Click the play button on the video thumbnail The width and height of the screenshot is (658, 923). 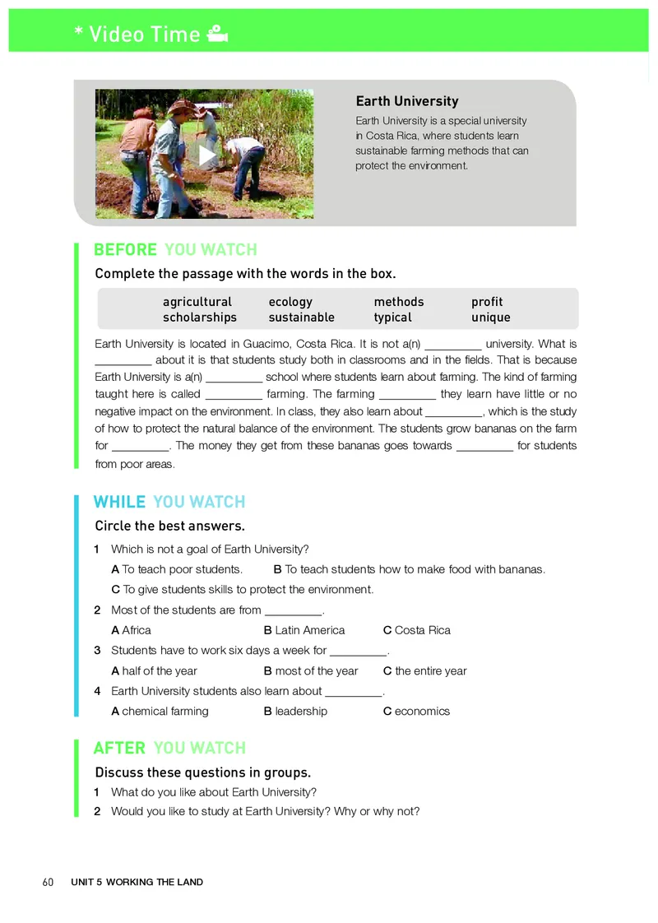pyautogui.click(x=207, y=155)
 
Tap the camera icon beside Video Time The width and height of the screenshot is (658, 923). pyautogui.click(x=217, y=35)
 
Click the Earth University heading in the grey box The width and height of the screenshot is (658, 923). pyautogui.click(x=406, y=101)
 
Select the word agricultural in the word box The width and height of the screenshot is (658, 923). pyautogui.click(x=197, y=302)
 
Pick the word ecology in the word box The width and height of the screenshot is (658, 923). pyautogui.click(x=290, y=302)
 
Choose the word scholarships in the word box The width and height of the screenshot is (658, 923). pyautogui.click(x=200, y=318)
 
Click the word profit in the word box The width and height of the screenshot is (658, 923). pyautogui.click(x=487, y=302)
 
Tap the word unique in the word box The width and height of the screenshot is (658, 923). pyautogui.click(x=491, y=318)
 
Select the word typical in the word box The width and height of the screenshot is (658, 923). pyautogui.click(x=392, y=318)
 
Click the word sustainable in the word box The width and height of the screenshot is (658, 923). pyautogui.click(x=301, y=318)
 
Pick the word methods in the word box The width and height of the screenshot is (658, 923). pyautogui.click(x=399, y=302)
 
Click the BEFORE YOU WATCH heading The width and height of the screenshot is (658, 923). pyautogui.click(x=175, y=250)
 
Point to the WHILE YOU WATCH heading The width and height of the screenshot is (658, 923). pyautogui.click(x=169, y=502)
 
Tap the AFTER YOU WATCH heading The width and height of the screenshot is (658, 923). pyautogui.click(x=169, y=748)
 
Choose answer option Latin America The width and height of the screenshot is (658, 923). pyautogui.click(x=309, y=630)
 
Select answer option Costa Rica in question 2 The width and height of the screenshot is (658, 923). pyautogui.click(x=422, y=630)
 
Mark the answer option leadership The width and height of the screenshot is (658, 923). pyautogui.click(x=300, y=711)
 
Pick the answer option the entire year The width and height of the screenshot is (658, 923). pyautogui.click(x=430, y=670)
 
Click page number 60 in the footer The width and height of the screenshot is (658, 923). pyautogui.click(x=48, y=882)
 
